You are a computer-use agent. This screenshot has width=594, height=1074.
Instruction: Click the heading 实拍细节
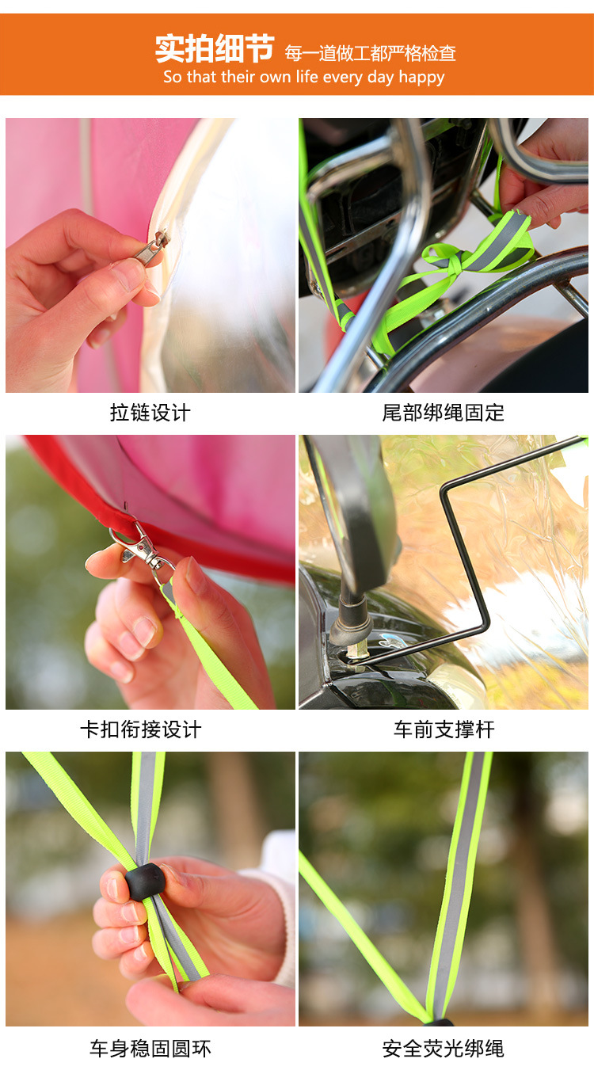click(215, 49)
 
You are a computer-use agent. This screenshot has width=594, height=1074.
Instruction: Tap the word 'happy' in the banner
click(421, 78)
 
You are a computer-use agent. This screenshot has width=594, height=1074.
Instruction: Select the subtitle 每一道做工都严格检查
click(371, 54)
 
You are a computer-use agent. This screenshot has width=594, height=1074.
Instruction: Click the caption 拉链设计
click(150, 413)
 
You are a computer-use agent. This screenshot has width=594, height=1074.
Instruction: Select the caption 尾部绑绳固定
click(444, 413)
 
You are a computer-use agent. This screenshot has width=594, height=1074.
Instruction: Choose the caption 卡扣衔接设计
click(141, 729)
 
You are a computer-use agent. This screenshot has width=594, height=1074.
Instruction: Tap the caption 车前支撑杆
click(444, 729)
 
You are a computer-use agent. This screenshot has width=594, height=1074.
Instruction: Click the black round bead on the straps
click(145, 882)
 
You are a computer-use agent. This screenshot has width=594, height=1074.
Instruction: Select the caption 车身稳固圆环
click(150, 1049)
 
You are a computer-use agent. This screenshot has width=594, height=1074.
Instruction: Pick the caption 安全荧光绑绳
click(444, 1049)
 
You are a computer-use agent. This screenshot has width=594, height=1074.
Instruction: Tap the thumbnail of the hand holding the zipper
click(150, 255)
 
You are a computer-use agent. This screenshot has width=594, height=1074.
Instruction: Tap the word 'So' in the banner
click(173, 78)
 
